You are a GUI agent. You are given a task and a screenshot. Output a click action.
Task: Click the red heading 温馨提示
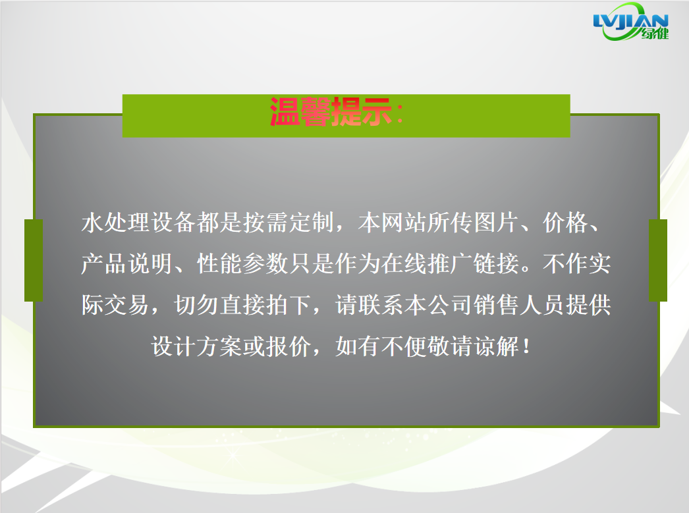pos(331,111)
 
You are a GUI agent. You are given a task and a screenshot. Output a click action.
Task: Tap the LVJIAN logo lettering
pos(630,21)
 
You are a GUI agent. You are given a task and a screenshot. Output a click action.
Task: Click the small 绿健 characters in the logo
pos(655,34)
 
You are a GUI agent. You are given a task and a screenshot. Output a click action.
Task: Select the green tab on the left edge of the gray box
pos(34,261)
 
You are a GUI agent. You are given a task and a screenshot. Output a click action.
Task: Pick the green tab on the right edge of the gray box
pos(658,261)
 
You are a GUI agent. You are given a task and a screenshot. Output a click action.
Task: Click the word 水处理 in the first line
pos(115,222)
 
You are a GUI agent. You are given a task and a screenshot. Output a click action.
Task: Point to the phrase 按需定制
pos(289,222)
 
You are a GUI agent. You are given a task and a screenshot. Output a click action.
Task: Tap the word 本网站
pos(393,222)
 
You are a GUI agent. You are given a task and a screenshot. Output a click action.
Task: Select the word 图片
pos(496,222)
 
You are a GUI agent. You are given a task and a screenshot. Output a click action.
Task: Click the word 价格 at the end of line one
pos(566,222)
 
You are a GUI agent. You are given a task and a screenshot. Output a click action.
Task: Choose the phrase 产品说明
pos(126,263)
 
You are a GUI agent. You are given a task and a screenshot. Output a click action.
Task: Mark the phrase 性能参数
pos(242,263)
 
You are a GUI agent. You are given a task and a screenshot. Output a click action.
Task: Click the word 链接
pos(496,263)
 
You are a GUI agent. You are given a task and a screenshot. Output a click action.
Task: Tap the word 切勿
pos(196,305)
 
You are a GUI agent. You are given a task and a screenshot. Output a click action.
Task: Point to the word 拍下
pos(289,305)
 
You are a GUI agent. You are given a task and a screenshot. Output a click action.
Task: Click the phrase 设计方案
pos(196,346)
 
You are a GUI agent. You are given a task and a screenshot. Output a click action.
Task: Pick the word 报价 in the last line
pos(289,346)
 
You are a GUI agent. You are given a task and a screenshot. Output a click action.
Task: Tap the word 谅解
pos(496,346)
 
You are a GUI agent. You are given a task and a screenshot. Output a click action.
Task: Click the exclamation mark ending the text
pos(527,346)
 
